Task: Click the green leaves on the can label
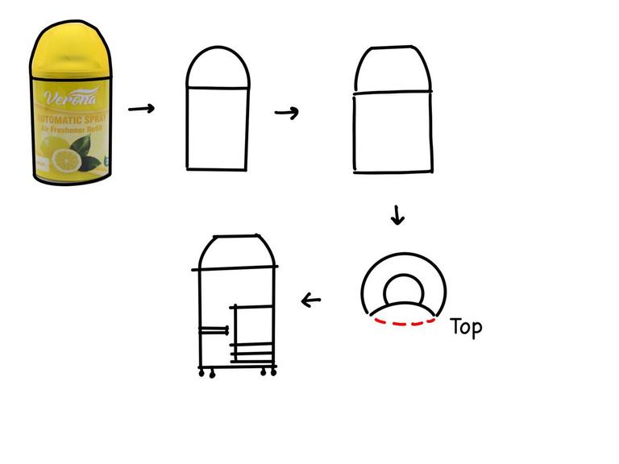[x=86, y=153]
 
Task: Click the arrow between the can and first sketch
[x=142, y=108]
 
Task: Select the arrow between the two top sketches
[x=287, y=112]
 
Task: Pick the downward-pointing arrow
[x=397, y=215]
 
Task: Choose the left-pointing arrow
[x=311, y=301]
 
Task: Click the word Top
[x=466, y=326]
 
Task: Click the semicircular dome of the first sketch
[x=218, y=68]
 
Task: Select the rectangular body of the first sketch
[x=218, y=127]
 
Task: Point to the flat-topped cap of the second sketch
[x=393, y=72]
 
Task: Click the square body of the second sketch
[x=393, y=133]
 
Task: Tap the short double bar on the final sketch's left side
[x=214, y=329]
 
